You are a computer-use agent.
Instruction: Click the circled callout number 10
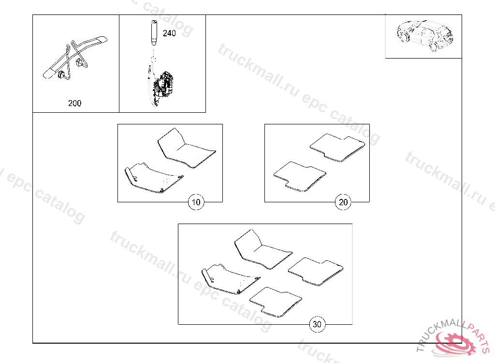(196, 202)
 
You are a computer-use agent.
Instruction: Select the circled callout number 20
(343, 202)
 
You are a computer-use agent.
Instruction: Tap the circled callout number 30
(317, 324)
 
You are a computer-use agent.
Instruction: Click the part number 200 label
(75, 103)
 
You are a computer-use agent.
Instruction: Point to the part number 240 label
(169, 33)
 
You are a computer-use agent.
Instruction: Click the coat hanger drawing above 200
(75, 57)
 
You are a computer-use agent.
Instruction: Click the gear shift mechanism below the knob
(161, 85)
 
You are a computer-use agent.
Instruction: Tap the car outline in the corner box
(425, 35)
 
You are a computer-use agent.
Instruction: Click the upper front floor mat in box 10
(186, 148)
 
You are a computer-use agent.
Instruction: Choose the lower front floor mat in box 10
(154, 178)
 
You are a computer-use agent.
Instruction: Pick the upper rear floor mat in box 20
(337, 148)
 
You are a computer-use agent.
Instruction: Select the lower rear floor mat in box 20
(300, 177)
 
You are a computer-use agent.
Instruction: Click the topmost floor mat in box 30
(263, 249)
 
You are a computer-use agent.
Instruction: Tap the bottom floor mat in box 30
(276, 302)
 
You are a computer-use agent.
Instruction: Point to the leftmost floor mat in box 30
(231, 279)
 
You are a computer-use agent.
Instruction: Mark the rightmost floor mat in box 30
(316, 272)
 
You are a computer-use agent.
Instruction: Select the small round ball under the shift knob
(153, 59)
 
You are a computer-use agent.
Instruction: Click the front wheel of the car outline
(404, 37)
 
